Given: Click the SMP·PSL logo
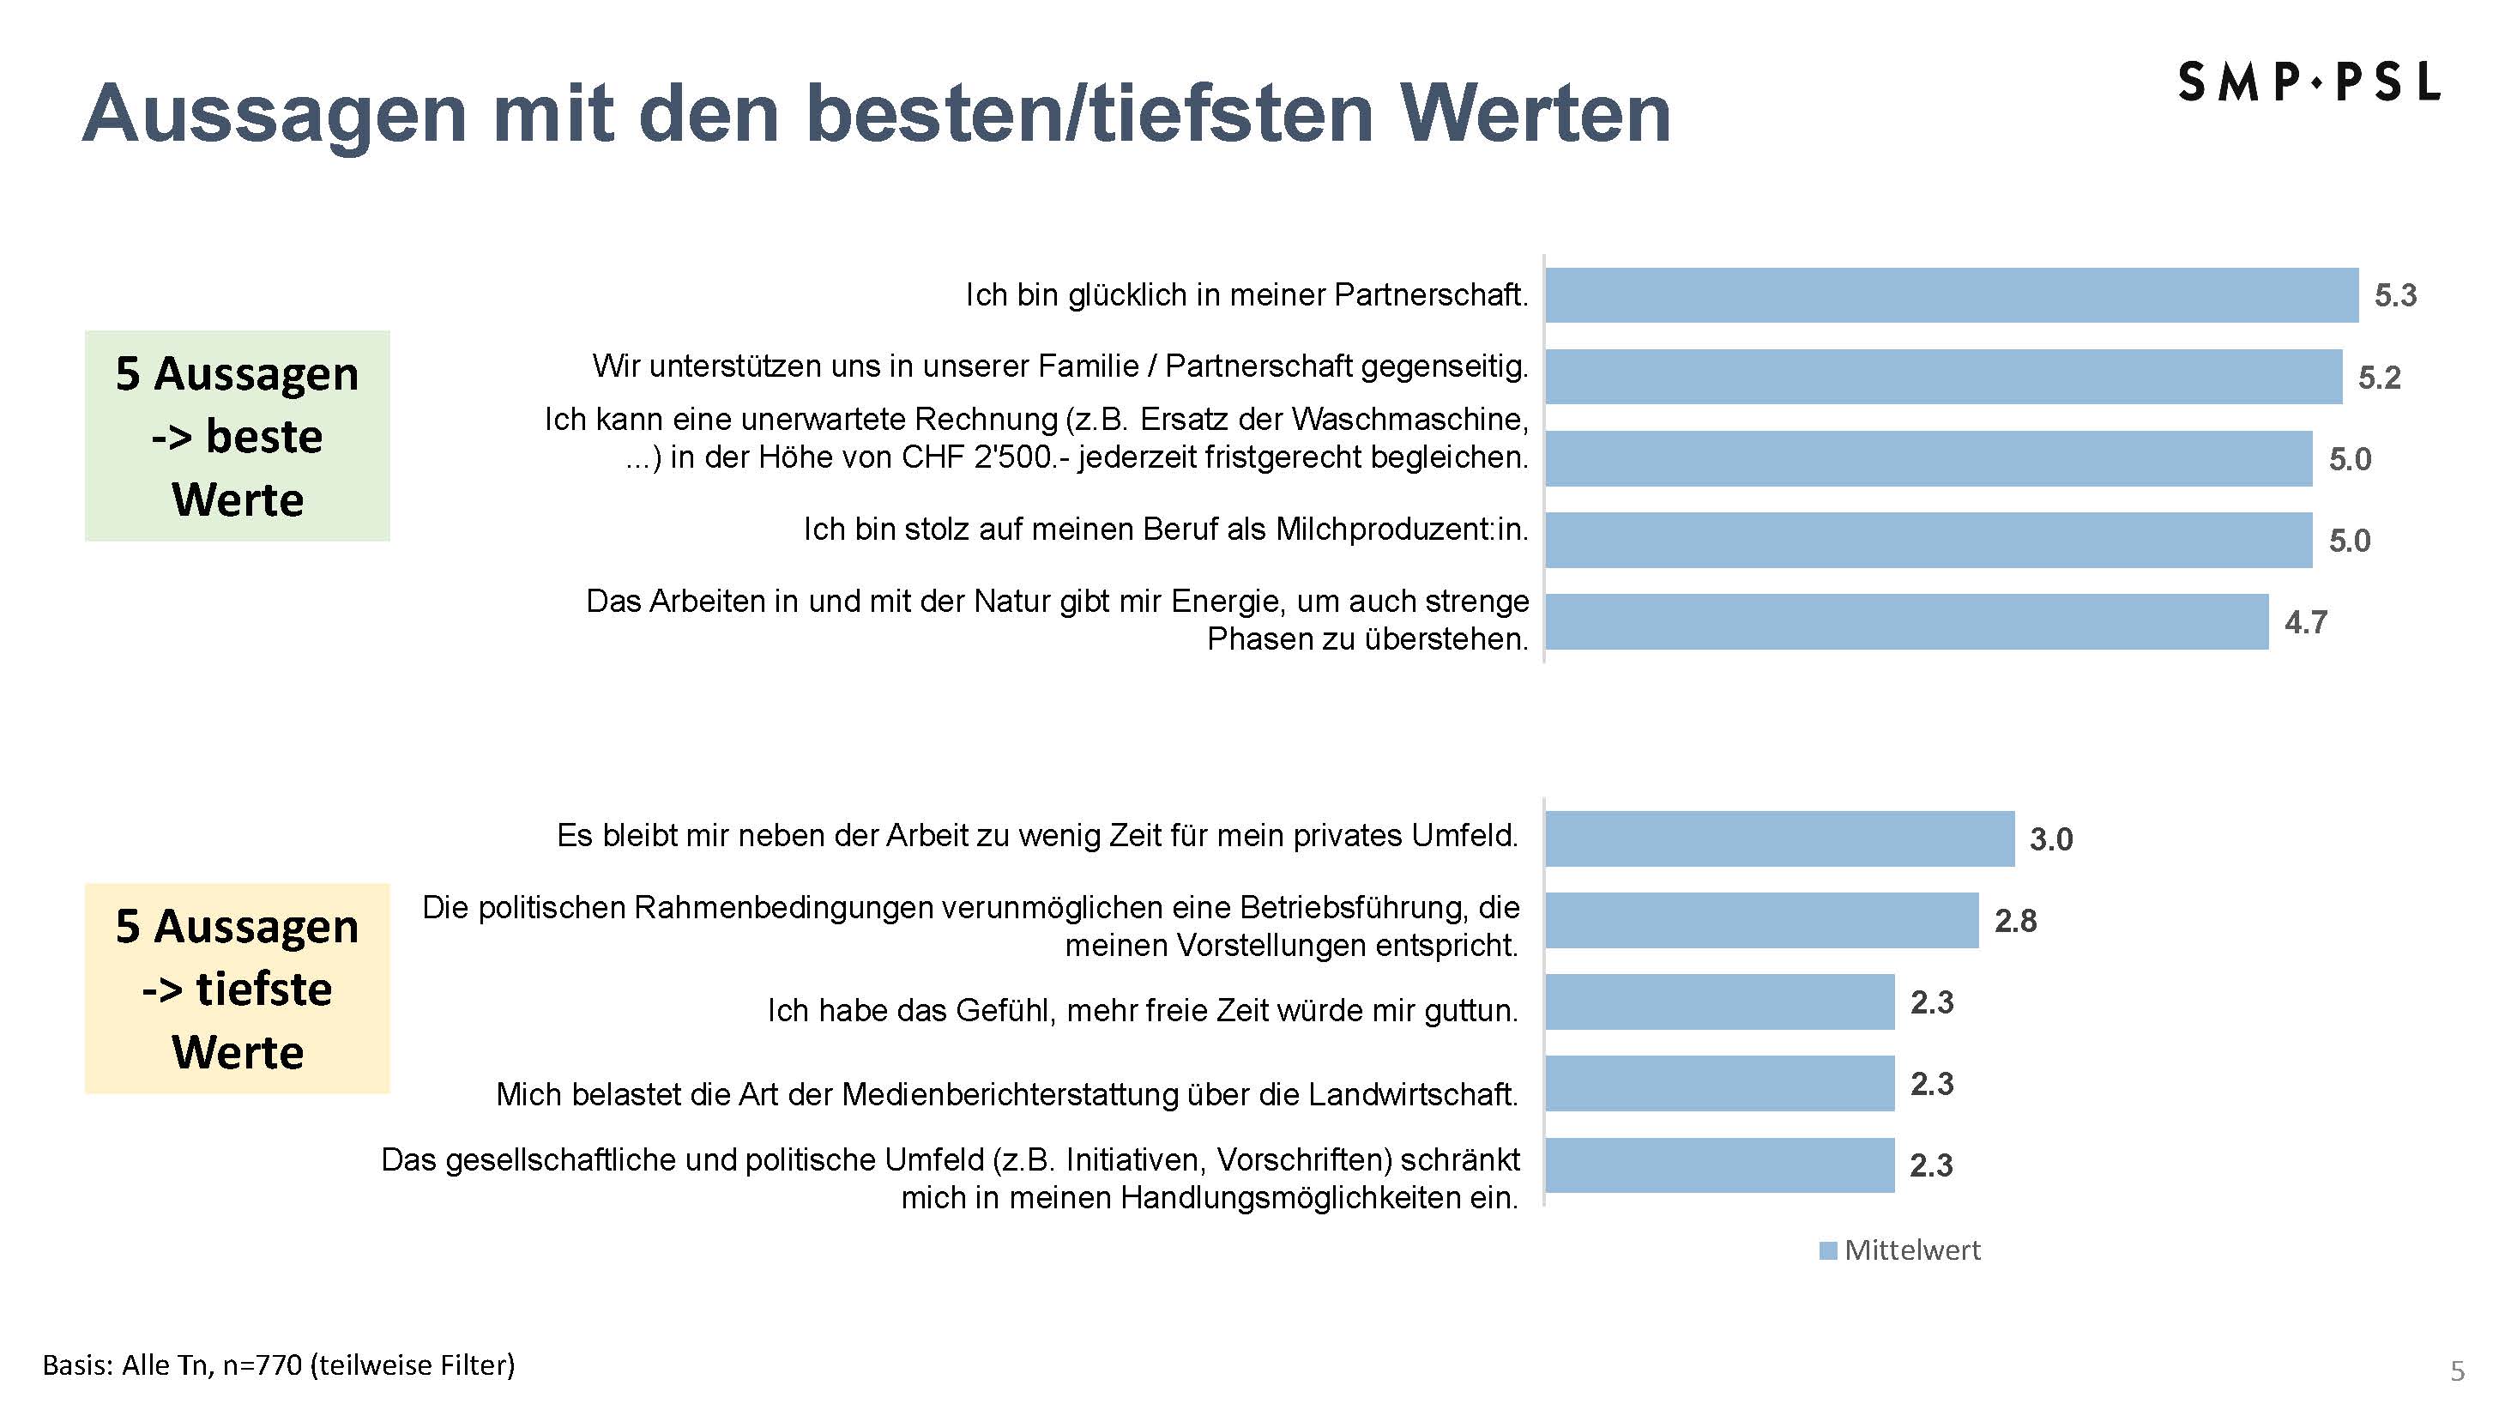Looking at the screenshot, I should click(x=2308, y=82).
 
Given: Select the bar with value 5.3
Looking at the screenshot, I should click(x=1952, y=295).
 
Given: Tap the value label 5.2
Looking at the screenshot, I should click(x=2379, y=378).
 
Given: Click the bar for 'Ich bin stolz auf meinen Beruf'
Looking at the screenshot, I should click(x=1928, y=541).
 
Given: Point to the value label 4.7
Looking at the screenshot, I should click(x=2306, y=622).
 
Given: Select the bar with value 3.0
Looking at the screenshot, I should click(x=1779, y=838).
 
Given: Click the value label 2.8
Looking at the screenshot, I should click(x=2016, y=921).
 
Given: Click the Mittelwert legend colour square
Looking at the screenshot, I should click(x=1828, y=1251).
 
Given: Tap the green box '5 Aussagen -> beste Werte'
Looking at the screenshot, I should click(x=238, y=436).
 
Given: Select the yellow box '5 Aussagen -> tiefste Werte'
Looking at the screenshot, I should click(x=238, y=988).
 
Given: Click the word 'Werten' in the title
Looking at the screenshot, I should click(x=1535, y=113).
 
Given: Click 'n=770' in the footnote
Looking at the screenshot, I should click(x=262, y=1365).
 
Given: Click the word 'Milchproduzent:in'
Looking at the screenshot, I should click(x=1401, y=529).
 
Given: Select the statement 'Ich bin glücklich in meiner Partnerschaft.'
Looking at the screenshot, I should click(x=1246, y=294).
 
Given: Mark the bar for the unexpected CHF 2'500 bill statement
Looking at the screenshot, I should click(x=1928, y=458).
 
